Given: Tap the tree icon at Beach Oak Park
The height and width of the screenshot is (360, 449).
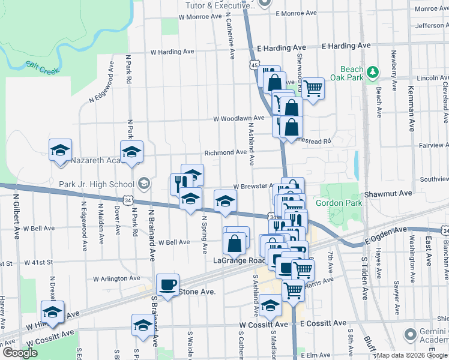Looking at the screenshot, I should pos(373,73).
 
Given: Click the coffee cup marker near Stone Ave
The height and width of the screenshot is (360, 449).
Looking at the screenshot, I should pos(167,284).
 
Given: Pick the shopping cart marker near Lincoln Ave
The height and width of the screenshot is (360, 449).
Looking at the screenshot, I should pos(313,88).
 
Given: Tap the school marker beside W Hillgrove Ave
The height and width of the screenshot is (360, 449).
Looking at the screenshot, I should pos(52,311).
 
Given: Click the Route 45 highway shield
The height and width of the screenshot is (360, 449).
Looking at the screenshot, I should pos(255,65).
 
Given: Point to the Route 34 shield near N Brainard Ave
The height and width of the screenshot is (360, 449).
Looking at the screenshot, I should pos(127,199).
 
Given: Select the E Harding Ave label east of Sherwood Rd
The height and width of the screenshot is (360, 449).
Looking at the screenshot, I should pos(346,46).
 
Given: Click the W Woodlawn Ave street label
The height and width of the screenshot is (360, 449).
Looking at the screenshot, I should pos(239,119).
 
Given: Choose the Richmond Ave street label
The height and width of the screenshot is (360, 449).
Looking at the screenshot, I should pos(226,152).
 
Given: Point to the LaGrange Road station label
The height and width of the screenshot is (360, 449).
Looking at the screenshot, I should pos(240,260).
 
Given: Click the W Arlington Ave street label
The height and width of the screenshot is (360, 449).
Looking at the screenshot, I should pos(116,278).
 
